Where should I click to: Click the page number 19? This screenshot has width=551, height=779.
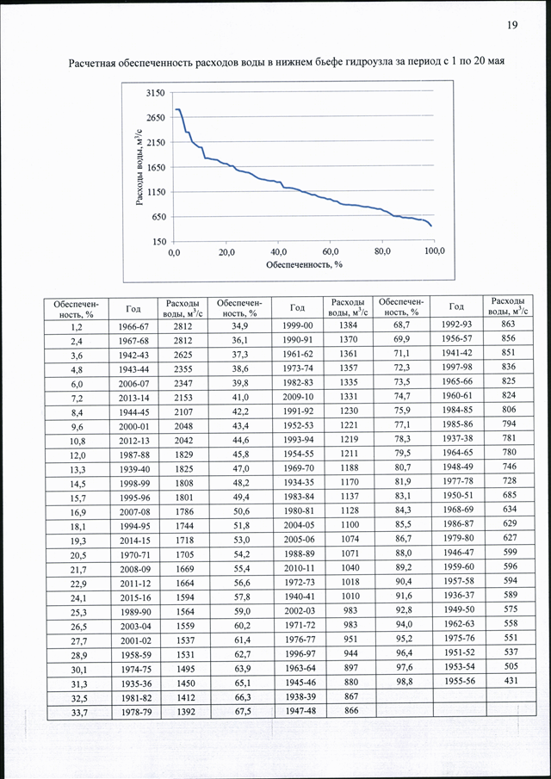(513, 26)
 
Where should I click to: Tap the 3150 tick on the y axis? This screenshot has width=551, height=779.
(157, 93)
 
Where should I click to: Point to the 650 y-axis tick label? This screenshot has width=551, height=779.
(159, 217)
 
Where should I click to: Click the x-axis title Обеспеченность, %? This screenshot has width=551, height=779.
(305, 265)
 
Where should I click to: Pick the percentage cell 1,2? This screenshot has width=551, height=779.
(76, 327)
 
